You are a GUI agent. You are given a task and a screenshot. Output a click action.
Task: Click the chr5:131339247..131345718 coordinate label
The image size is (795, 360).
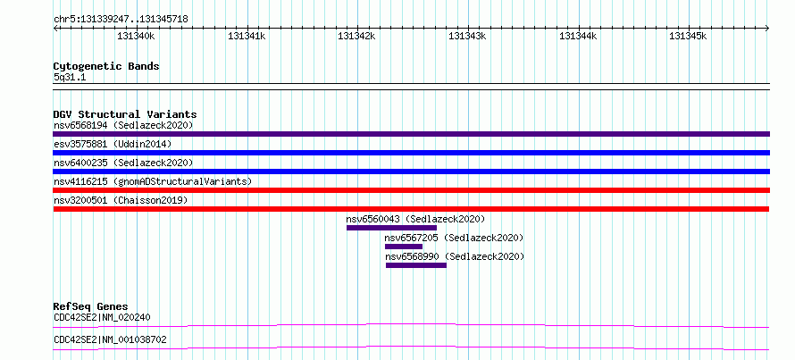tap(121, 20)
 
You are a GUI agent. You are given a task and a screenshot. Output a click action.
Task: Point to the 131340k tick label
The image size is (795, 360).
tap(136, 36)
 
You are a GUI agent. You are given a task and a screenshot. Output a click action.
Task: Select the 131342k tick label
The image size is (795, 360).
tap(356, 36)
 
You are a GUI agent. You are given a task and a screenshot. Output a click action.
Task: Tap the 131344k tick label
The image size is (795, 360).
tap(578, 36)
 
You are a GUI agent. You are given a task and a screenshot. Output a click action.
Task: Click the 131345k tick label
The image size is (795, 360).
tap(688, 36)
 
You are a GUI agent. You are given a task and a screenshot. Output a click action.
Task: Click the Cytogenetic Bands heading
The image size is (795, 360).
tap(106, 66)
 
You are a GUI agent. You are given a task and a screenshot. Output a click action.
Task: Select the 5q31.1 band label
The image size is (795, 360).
tap(69, 78)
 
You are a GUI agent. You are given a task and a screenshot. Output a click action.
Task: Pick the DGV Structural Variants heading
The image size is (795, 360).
tap(125, 114)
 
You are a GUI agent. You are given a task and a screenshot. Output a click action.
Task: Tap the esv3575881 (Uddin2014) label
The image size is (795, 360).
tap(113, 144)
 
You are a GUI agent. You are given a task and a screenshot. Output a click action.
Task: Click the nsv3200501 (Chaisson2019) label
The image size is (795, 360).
tap(121, 200)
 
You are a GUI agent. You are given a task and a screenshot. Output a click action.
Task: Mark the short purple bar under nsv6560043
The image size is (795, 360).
tap(391, 228)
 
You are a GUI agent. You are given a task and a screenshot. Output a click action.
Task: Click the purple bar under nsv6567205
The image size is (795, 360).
tap(404, 247)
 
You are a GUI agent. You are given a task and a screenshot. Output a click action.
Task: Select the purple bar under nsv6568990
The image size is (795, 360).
tap(416, 265)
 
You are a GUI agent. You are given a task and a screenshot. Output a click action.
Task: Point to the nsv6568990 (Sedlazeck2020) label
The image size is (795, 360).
tap(455, 256)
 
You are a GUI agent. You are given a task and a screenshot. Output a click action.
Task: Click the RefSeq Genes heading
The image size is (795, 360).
tap(91, 306)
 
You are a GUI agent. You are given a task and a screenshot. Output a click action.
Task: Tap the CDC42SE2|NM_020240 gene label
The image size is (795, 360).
tap(102, 318)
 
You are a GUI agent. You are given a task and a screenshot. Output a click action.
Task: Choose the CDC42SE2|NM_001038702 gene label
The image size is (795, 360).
tap(110, 339)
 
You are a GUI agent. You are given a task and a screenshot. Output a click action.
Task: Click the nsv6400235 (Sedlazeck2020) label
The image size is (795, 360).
tap(123, 163)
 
